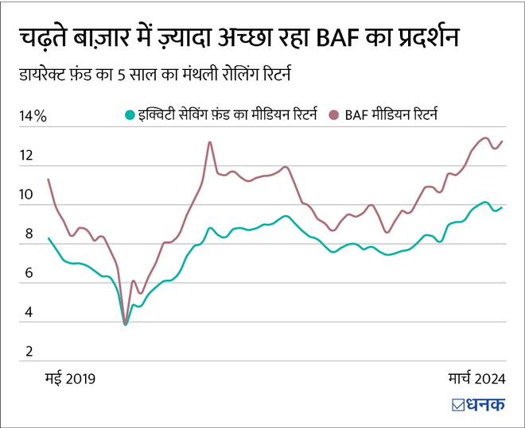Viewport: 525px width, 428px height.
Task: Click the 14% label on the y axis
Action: [x=33, y=116]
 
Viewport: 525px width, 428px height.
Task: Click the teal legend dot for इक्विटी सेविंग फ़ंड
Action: [x=130, y=115]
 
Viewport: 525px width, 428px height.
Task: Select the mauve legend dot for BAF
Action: [x=332, y=115]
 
